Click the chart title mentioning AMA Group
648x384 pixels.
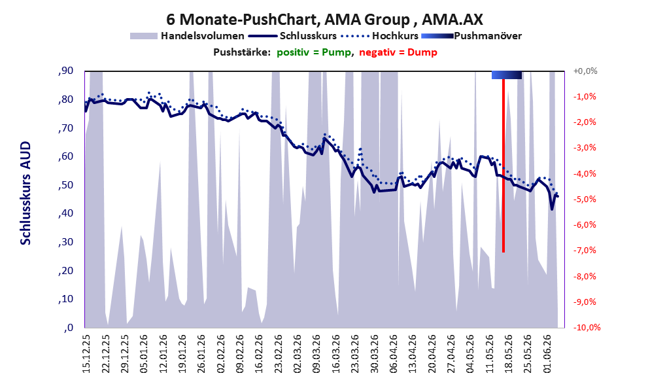[x=324, y=19]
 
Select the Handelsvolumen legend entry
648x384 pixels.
[x=187, y=36]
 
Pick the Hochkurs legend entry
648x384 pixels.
[x=379, y=36]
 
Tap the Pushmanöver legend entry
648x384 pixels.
[x=471, y=36]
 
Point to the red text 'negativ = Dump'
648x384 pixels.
[x=398, y=52]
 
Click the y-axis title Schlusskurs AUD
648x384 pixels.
[x=26, y=193]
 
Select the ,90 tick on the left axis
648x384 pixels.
[x=65, y=71]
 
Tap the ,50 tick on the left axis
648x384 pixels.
[x=65, y=184]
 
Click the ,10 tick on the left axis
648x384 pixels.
[x=65, y=299]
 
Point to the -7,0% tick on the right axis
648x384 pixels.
[x=585, y=251]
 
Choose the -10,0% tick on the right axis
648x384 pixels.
[x=587, y=327]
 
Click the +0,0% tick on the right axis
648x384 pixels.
[x=585, y=71]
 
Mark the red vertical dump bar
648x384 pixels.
[x=503, y=166]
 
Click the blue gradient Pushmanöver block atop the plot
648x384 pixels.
[x=507, y=75]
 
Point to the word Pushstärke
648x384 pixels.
[x=242, y=52]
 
